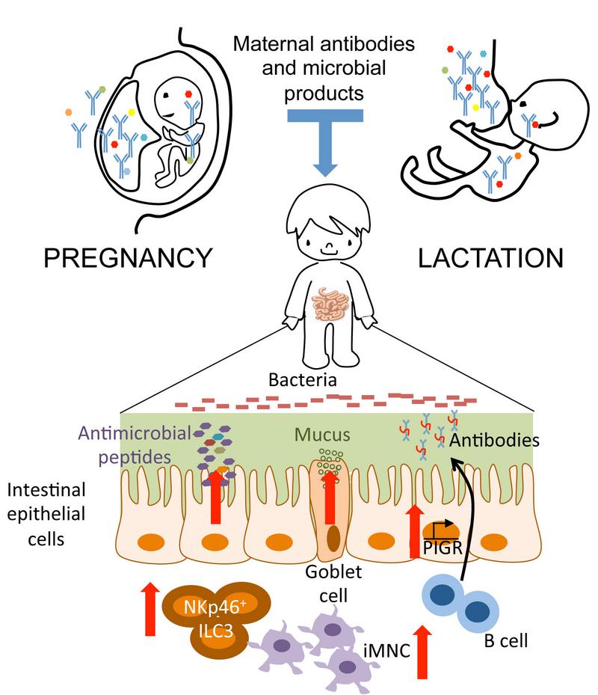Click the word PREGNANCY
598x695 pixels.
[x=126, y=258]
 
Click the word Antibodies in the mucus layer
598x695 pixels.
[x=494, y=440]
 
